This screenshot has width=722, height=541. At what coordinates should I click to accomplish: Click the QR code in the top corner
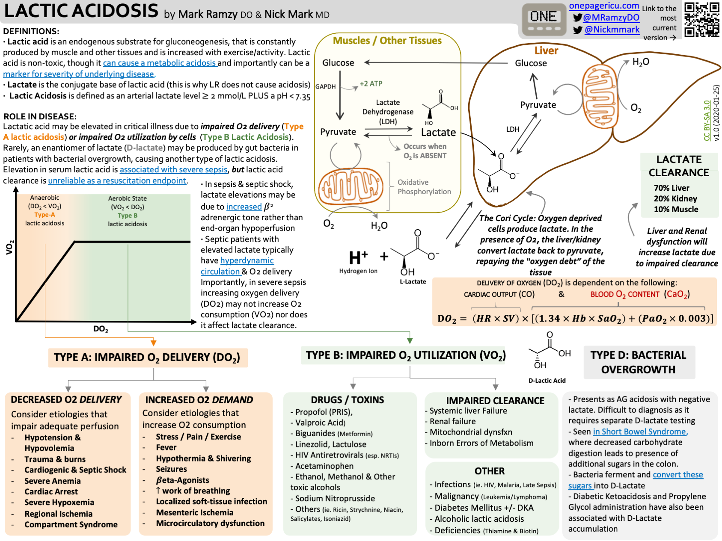point(701,19)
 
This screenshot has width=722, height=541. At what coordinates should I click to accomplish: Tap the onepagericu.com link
point(604,6)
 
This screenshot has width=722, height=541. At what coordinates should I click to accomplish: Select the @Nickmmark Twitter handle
point(612,30)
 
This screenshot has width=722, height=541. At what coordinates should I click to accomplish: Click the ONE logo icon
point(544,20)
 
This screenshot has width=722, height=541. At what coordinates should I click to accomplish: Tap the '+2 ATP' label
point(371,84)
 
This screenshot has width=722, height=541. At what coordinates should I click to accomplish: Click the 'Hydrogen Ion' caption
point(358,271)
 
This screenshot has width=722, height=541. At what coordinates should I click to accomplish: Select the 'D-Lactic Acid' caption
point(547,381)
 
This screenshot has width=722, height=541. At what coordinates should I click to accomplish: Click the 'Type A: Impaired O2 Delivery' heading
point(147,358)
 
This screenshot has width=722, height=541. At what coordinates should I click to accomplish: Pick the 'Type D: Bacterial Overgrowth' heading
point(638,362)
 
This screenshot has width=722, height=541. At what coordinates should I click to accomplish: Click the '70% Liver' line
point(671,188)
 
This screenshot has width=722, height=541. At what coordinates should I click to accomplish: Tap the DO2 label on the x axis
point(101,329)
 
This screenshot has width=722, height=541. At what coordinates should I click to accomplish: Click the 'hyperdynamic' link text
point(247,260)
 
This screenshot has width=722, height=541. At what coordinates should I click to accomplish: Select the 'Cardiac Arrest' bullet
point(51,492)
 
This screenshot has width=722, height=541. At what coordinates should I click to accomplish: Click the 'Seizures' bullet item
point(171,469)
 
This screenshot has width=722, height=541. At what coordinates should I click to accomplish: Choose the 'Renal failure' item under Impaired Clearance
point(452,421)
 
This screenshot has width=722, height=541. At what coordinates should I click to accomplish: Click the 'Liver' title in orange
point(546,50)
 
